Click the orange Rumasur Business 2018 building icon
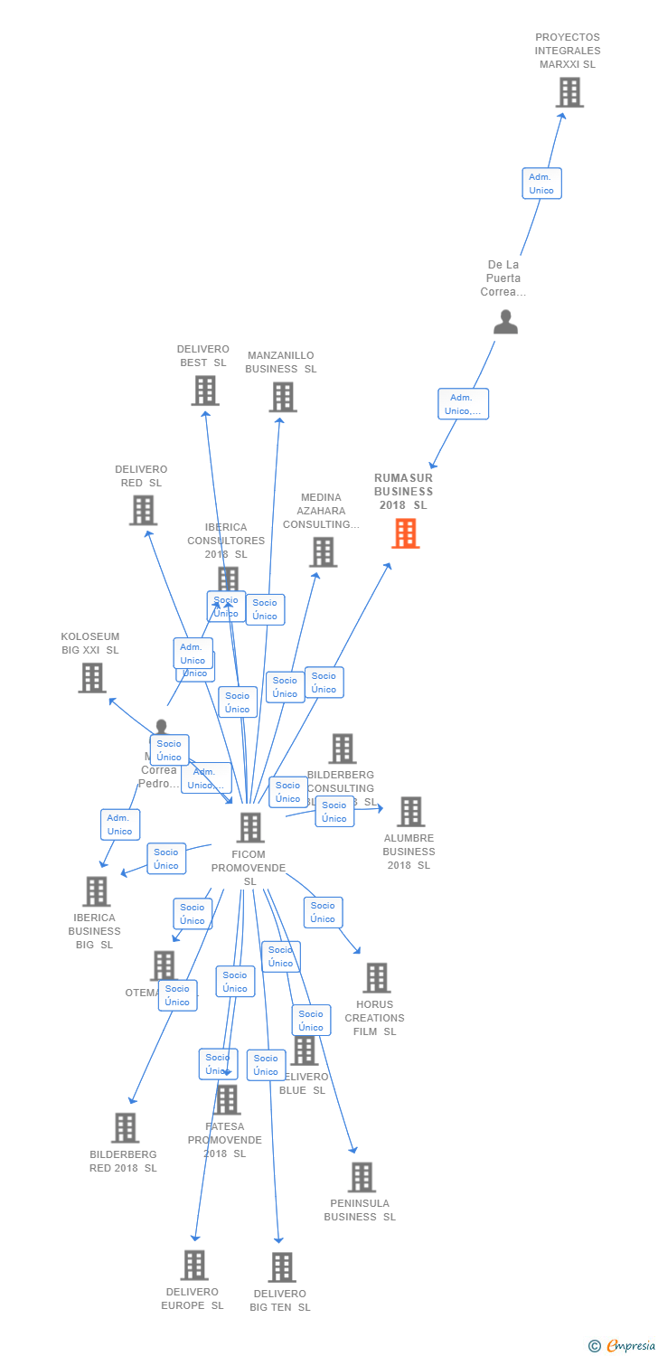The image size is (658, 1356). (x=405, y=533)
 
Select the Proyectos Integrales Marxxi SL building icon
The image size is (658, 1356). (x=569, y=92)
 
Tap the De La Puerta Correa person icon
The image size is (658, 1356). (x=505, y=322)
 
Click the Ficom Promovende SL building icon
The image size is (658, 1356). (x=250, y=827)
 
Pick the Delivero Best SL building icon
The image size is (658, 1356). (x=205, y=391)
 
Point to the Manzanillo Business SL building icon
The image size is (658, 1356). (x=283, y=397)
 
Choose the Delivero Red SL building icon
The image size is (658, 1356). (x=143, y=510)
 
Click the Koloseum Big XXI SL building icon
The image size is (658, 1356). (x=92, y=677)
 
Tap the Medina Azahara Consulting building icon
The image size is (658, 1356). (x=323, y=551)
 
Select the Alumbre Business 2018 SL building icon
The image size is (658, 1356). (x=410, y=812)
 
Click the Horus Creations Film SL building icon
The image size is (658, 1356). (x=376, y=977)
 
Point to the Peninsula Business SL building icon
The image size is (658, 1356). (x=362, y=1177)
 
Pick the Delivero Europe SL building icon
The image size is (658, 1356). (x=194, y=1265)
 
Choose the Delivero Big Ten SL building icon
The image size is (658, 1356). (x=282, y=1267)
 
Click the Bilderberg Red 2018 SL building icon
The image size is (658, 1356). (x=125, y=1127)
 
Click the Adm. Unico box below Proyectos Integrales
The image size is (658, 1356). (x=541, y=184)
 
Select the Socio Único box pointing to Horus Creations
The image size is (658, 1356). (x=323, y=912)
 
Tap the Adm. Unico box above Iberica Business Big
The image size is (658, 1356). (x=119, y=824)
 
